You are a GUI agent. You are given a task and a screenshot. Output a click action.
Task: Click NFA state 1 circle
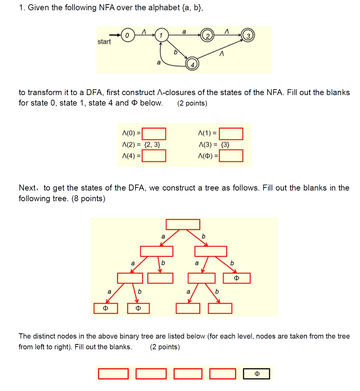tap(161, 36)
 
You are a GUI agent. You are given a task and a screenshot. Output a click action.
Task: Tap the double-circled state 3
tap(248, 36)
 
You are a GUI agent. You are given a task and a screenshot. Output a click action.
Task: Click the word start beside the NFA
tap(104, 42)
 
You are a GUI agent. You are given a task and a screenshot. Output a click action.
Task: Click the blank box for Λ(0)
tap(154, 134)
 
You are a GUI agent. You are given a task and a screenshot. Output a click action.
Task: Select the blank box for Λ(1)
tap(231, 134)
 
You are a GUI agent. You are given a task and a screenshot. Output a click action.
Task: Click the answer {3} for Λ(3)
tap(226, 145)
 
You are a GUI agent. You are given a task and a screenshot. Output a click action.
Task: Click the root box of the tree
tap(183, 224)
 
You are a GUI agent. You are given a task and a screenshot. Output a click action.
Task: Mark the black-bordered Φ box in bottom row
tap(257, 373)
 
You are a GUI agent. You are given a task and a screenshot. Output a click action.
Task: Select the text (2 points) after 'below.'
tap(192, 103)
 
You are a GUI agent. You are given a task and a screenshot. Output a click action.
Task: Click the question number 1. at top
tap(22, 8)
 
